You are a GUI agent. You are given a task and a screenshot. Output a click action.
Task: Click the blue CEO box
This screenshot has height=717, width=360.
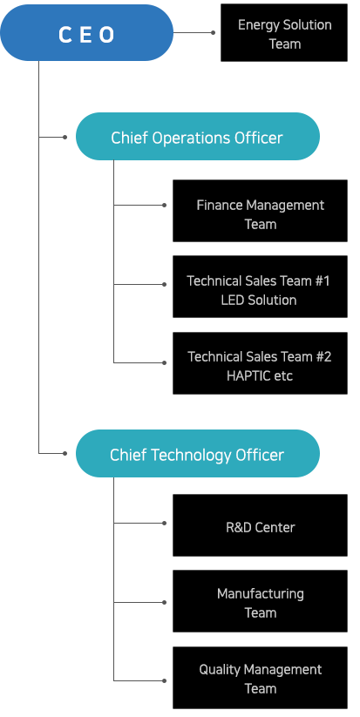click(87, 33)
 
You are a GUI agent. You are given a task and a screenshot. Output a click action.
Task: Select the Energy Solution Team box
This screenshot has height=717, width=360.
click(284, 33)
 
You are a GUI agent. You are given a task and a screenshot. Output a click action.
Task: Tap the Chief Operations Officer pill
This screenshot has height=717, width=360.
click(198, 136)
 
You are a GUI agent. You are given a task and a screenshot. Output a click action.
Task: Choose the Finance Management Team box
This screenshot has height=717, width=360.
click(261, 211)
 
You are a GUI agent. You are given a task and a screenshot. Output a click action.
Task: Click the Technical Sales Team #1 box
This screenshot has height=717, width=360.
click(261, 287)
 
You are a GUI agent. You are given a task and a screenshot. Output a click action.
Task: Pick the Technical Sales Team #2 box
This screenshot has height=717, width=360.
click(261, 363)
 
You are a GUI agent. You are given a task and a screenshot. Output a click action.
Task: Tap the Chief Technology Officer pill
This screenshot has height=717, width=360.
click(198, 454)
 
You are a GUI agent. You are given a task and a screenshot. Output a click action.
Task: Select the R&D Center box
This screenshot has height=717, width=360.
click(261, 525)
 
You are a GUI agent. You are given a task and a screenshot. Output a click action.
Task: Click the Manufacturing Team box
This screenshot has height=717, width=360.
click(261, 601)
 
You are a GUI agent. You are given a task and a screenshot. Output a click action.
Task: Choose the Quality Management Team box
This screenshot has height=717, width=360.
click(261, 678)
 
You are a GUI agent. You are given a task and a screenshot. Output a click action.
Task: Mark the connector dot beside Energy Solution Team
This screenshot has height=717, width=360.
click(214, 33)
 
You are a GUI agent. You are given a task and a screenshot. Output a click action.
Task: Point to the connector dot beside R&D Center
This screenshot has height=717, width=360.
click(164, 523)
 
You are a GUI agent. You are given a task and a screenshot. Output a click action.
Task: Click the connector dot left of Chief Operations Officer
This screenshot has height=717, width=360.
click(65, 137)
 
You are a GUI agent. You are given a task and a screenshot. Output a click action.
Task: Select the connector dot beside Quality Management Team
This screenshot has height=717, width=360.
click(164, 681)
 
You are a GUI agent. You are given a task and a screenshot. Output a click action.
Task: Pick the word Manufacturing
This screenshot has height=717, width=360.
click(261, 594)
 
